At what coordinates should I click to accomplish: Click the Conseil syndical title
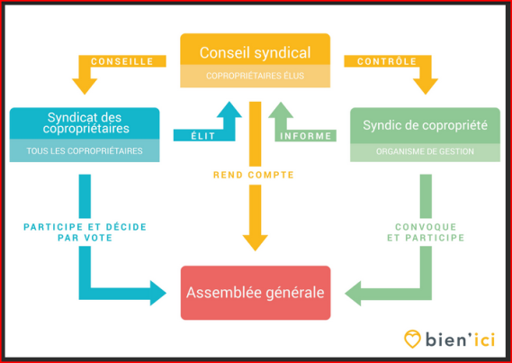click(x=255, y=52)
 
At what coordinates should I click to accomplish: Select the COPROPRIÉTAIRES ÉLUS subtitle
click(x=255, y=76)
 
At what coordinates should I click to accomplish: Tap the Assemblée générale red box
click(x=256, y=293)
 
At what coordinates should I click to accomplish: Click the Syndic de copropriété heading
click(x=425, y=125)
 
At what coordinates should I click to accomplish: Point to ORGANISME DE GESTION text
click(x=425, y=151)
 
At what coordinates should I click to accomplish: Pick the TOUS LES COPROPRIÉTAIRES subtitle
click(x=85, y=151)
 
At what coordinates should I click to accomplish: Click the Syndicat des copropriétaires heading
click(x=85, y=123)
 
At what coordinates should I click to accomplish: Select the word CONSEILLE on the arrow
click(x=122, y=61)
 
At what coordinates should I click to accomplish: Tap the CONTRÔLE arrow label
click(x=387, y=61)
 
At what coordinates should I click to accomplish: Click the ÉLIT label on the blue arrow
click(x=203, y=136)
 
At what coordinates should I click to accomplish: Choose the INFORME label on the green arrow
click(x=306, y=136)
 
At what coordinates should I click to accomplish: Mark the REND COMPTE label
click(x=254, y=175)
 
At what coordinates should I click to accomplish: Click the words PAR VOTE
click(x=85, y=238)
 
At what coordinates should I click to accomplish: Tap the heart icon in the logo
click(x=412, y=339)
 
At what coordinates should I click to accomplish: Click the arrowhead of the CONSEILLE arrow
click(x=85, y=86)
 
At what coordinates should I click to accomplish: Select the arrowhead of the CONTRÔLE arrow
click(x=426, y=86)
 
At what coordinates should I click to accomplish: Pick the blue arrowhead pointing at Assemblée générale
click(x=158, y=293)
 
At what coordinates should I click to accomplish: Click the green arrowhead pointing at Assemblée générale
click(x=353, y=293)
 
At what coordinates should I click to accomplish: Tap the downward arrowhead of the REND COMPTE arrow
click(x=255, y=243)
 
